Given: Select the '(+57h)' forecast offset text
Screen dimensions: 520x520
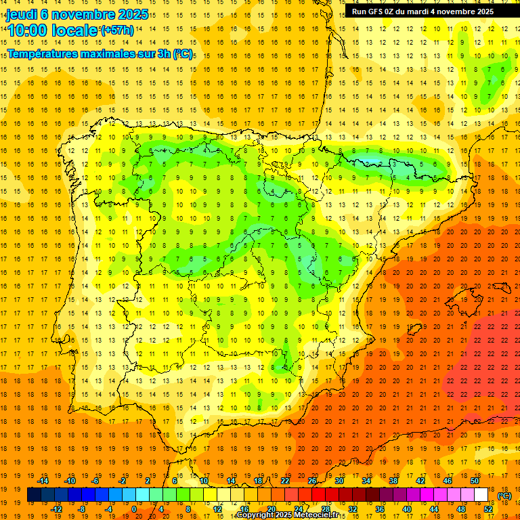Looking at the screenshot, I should (116, 30).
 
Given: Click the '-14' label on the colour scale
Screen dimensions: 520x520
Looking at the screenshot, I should (43, 481).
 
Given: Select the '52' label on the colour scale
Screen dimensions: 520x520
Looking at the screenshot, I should (488, 509).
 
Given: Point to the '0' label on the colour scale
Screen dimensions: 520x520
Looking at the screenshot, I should (134, 509).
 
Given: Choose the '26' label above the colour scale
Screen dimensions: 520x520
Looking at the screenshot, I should (312, 481).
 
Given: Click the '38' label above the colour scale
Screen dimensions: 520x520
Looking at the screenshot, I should (393, 481).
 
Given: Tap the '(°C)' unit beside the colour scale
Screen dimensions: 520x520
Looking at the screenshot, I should (504, 496).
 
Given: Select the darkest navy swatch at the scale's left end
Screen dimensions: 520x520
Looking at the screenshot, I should (34, 495).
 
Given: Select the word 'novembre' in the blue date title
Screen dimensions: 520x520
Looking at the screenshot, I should (76, 14).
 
